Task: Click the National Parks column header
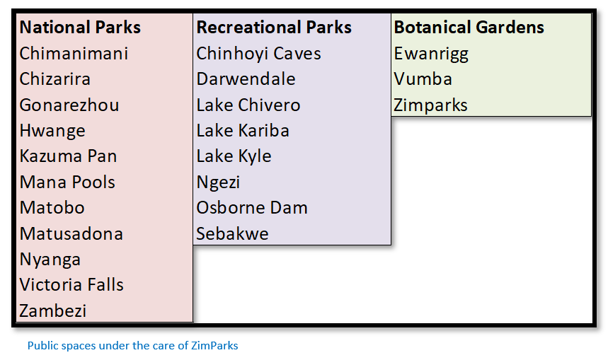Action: tap(80, 28)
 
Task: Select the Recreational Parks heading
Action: tap(274, 28)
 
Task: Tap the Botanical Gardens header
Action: tap(469, 28)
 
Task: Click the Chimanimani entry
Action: tap(74, 54)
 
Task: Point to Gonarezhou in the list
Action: tap(69, 105)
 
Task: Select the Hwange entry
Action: tap(52, 131)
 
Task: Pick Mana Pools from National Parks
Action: tap(67, 182)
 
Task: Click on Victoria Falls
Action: tap(71, 285)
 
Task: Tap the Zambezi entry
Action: tap(53, 310)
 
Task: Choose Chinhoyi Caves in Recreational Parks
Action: tap(258, 54)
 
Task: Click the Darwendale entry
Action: tap(246, 79)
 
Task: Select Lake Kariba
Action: tap(243, 131)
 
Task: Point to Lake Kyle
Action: tap(234, 156)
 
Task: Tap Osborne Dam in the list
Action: tap(252, 208)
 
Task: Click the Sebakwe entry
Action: tap(232, 233)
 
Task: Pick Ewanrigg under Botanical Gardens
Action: tap(431, 54)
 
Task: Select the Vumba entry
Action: tap(423, 79)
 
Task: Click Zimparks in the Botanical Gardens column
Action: tap(431, 105)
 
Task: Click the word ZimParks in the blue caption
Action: tap(214, 346)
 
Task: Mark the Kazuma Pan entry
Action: tap(68, 156)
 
